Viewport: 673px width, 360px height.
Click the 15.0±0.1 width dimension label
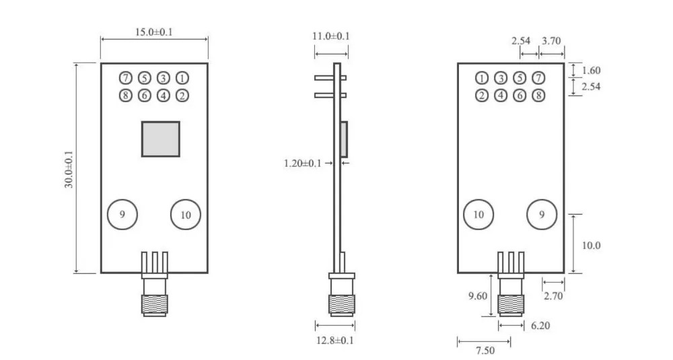click(x=153, y=32)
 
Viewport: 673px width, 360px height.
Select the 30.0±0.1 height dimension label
click(x=69, y=169)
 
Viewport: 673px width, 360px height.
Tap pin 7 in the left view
click(x=125, y=78)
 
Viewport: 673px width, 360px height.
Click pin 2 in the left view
click(x=182, y=96)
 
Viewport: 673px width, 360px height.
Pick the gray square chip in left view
click(x=161, y=139)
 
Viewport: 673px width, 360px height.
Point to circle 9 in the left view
click(x=122, y=214)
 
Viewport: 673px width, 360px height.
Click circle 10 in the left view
click(x=186, y=215)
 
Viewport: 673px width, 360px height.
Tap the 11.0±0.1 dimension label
click(x=331, y=36)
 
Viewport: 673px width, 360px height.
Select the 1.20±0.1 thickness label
click(x=303, y=163)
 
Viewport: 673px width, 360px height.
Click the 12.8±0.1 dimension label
click(x=334, y=340)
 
